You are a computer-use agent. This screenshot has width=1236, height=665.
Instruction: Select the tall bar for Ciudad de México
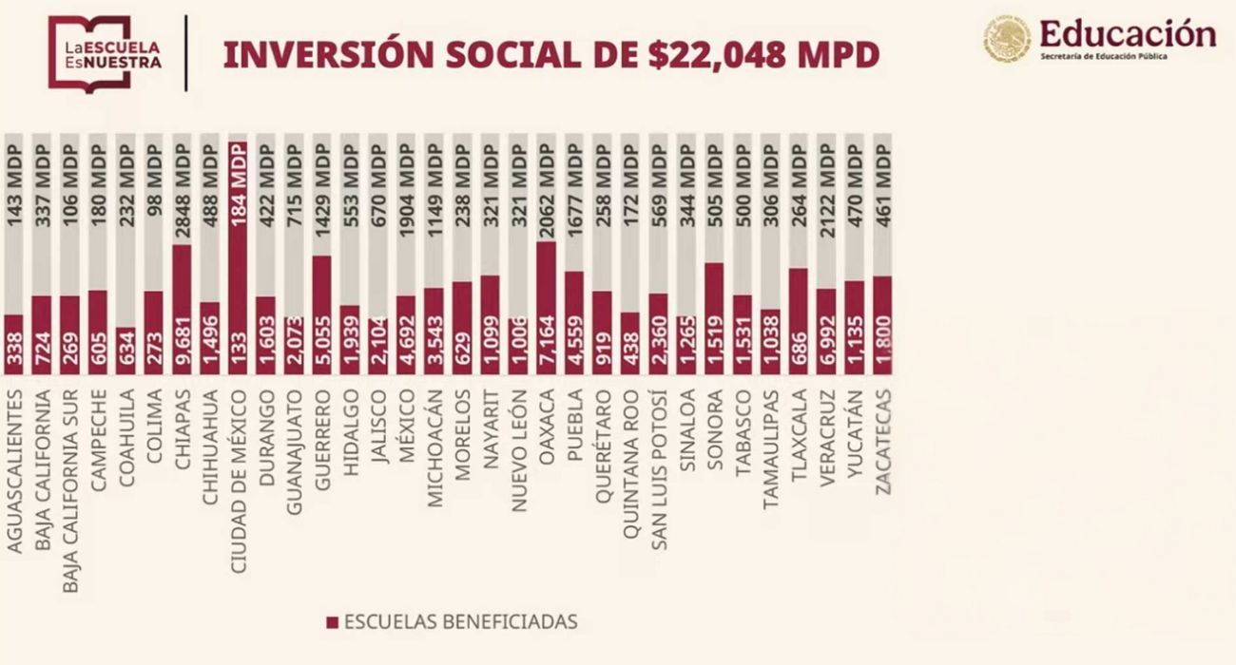point(238,256)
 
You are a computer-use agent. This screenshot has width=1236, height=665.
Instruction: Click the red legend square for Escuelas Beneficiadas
point(332,622)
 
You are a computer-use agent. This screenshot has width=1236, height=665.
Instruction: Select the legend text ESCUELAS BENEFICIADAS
point(460,622)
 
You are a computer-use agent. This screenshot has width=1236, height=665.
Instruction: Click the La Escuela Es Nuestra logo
point(106,53)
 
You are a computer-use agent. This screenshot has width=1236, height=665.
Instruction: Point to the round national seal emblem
point(1007,39)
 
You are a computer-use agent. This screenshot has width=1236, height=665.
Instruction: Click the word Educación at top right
point(1127,33)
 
